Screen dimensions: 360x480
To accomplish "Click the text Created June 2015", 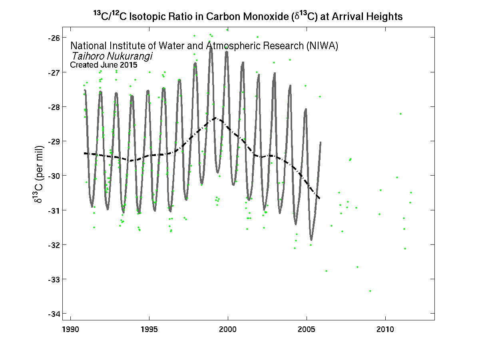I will (104, 64).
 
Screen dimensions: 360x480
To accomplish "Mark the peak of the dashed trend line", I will (216, 118).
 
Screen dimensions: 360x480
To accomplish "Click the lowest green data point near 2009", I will (370, 291).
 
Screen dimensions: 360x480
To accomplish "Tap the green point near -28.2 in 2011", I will (400, 114).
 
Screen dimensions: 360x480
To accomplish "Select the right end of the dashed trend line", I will (320, 198).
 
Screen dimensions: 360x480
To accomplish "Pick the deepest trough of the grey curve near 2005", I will (311, 240).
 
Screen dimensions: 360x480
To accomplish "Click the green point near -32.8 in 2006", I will (326, 271).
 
